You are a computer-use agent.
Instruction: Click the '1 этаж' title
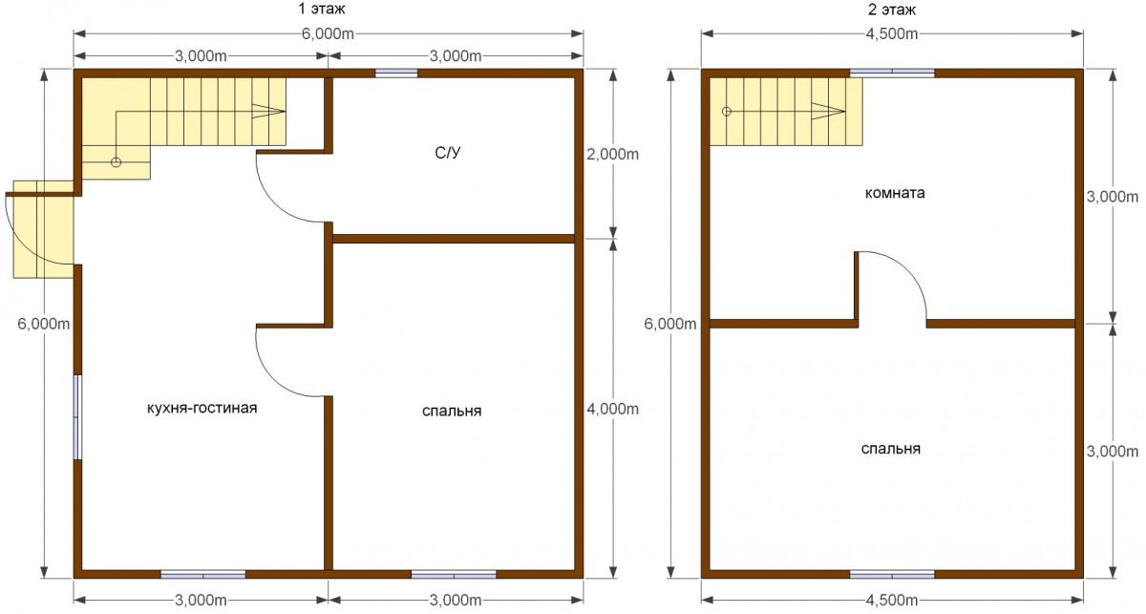[x=321, y=9]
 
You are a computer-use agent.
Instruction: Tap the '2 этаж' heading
[x=891, y=10]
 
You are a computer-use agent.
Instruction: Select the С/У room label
[x=448, y=153]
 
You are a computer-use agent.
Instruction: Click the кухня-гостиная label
[x=202, y=409]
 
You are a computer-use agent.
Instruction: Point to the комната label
[x=895, y=194]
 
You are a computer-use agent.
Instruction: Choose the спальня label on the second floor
[x=891, y=449]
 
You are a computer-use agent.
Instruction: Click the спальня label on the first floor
[x=452, y=412]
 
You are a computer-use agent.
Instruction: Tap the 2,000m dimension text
[x=612, y=154]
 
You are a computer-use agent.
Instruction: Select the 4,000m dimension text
[x=612, y=409]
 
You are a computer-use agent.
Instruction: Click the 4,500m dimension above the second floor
[x=892, y=33]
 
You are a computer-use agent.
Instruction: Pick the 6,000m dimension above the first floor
[x=328, y=33]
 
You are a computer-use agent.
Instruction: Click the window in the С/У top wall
[x=396, y=74]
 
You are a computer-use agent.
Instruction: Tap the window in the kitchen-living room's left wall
[x=77, y=417]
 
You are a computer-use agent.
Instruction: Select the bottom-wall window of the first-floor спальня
[x=454, y=575]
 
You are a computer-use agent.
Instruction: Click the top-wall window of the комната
[x=892, y=74]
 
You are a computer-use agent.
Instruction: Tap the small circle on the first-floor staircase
[x=117, y=162]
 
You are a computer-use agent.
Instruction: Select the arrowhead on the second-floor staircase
[x=828, y=111]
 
